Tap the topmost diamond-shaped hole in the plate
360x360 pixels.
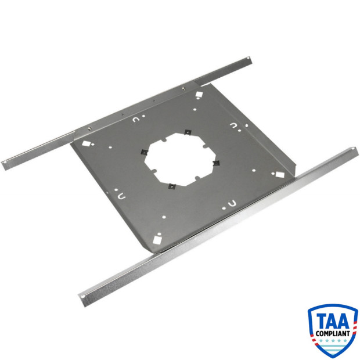199,94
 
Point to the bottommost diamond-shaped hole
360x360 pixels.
157,238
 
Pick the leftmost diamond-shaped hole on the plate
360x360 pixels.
85,142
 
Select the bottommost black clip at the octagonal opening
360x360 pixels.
172,186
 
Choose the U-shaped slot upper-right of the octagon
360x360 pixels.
233,125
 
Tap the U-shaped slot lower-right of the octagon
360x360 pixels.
232,203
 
